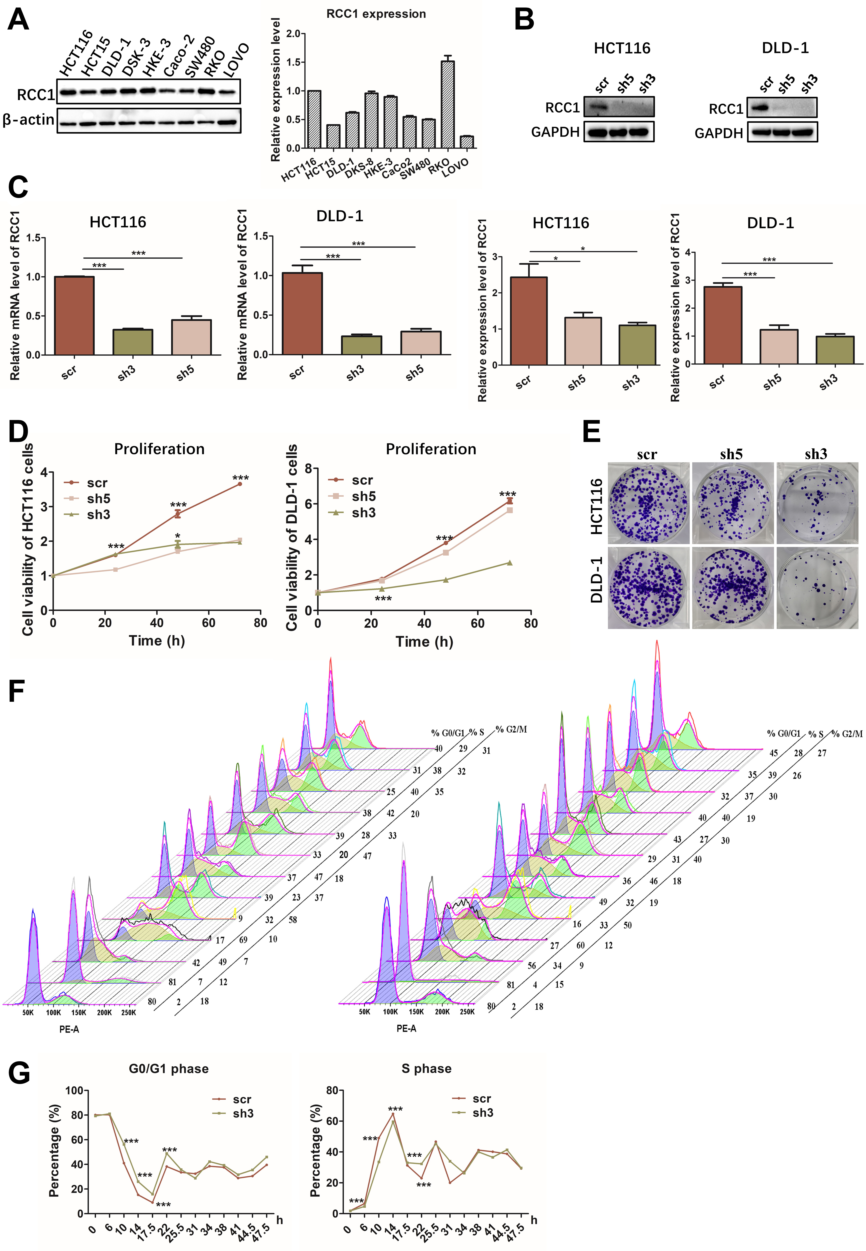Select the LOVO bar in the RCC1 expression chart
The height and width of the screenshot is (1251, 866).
[467, 142]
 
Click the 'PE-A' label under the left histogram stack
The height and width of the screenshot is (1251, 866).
[69, 1029]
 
